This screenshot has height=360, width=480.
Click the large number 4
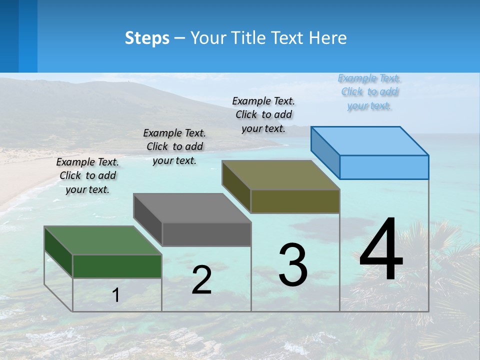click(x=381, y=250)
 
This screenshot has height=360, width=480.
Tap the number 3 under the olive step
click(x=293, y=265)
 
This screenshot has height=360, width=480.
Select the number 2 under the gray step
click(x=201, y=280)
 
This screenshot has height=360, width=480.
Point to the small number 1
click(x=115, y=295)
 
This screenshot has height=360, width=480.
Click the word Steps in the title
click(x=147, y=38)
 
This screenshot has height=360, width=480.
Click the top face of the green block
click(x=102, y=240)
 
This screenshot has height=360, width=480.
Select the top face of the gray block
click(x=192, y=208)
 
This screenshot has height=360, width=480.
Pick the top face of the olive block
click(x=280, y=175)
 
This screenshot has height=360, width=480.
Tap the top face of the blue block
click(x=369, y=141)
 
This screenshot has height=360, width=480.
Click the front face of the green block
click(x=117, y=266)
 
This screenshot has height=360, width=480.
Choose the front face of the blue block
click(x=384, y=167)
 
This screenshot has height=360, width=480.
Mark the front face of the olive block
click(x=295, y=201)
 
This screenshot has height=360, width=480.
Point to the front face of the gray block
click(x=206, y=234)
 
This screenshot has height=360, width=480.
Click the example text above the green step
click(x=87, y=175)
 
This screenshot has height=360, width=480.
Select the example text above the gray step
click(x=174, y=146)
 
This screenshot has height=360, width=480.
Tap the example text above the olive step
click(x=263, y=114)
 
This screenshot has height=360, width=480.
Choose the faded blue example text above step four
click(x=369, y=91)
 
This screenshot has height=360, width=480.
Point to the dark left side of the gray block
click(x=147, y=219)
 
